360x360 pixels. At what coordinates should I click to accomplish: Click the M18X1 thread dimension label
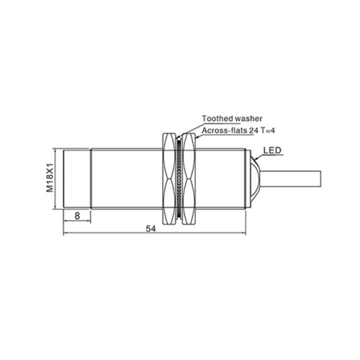(x=50, y=178)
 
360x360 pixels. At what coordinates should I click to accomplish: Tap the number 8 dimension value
(x=77, y=216)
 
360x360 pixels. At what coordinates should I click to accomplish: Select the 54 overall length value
(x=151, y=229)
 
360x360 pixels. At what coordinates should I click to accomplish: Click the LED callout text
(x=272, y=150)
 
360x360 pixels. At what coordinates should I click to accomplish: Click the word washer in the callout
(x=248, y=119)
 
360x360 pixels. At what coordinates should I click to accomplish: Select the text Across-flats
(x=225, y=130)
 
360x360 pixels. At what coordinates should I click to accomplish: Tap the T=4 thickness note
(x=268, y=130)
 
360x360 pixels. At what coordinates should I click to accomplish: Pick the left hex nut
(x=169, y=179)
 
